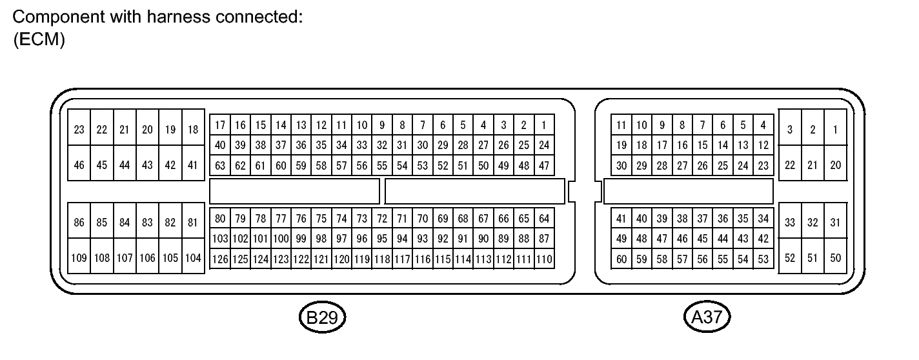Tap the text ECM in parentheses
pyautogui.click(x=39, y=39)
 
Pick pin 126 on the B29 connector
pyautogui.click(x=221, y=259)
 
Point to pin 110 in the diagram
pyautogui.click(x=544, y=259)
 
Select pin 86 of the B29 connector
pyautogui.click(x=79, y=223)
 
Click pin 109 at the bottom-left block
pyautogui.click(x=79, y=258)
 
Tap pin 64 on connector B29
pyautogui.click(x=544, y=219)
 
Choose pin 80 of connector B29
pyautogui.click(x=221, y=219)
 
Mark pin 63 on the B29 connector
pyautogui.click(x=221, y=166)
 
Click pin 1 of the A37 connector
pyautogui.click(x=835, y=130)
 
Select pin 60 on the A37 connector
pyautogui.click(x=621, y=259)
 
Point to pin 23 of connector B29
pyautogui.click(x=79, y=130)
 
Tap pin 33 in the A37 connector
pyautogui.click(x=790, y=223)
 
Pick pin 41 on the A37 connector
pyautogui.click(x=621, y=219)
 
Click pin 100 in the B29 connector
pyautogui.click(x=281, y=239)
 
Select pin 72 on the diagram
pyautogui.click(x=382, y=219)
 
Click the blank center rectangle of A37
pyautogui.click(x=688, y=191)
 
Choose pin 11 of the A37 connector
pyautogui.click(x=621, y=125)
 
